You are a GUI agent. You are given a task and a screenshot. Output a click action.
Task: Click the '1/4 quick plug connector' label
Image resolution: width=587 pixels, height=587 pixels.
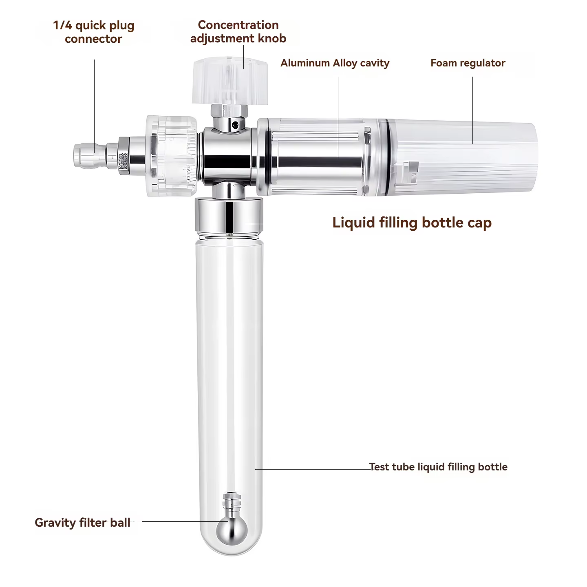point(93,32)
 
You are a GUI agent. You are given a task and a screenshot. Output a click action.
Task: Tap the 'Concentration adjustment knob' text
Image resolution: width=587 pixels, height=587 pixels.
point(238,32)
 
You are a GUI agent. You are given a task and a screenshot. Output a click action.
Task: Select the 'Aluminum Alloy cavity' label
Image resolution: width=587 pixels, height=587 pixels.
point(335,63)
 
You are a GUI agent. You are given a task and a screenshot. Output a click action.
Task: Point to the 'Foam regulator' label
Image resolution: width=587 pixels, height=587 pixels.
point(468,63)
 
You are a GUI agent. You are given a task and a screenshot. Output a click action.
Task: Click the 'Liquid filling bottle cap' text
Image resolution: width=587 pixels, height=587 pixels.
point(412,223)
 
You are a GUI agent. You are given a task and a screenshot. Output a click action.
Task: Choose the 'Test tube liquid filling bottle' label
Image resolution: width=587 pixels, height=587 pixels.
point(438,467)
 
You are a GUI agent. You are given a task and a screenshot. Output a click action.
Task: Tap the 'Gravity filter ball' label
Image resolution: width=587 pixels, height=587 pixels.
point(83,523)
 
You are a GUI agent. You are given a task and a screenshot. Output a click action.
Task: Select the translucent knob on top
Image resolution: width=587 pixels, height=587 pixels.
point(230,80)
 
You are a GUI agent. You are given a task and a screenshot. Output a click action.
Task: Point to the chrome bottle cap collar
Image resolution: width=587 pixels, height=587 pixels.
point(229,215)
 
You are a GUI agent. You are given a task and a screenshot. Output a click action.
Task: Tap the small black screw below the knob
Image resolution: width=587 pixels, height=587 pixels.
point(235,125)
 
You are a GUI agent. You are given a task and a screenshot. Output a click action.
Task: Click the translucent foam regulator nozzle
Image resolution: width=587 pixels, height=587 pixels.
point(463,157)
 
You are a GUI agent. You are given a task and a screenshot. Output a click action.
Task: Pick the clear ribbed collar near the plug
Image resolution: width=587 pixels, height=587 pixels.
point(172,155)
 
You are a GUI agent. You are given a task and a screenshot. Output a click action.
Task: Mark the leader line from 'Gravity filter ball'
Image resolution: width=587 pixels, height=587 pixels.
point(185,521)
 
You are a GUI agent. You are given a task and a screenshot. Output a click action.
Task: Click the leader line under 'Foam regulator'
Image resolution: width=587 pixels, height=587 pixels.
point(473,110)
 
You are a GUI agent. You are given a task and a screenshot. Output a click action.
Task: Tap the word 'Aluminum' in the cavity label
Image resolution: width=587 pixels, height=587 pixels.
point(306,63)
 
